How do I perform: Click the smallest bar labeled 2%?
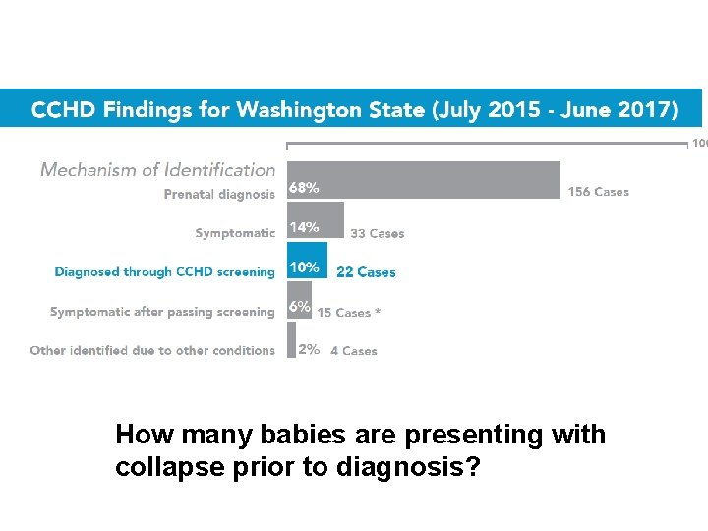point(291,340)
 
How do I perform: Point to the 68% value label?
point(303,188)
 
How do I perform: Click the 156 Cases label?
point(598,192)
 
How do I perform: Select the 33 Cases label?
point(377,234)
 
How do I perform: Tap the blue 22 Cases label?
point(366,272)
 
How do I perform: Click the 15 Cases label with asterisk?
point(348,313)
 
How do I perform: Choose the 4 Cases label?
point(353,351)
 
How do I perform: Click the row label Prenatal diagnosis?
point(219,195)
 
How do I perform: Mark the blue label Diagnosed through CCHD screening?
point(164,272)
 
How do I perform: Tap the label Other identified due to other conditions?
point(152,351)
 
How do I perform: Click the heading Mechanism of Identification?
point(157,170)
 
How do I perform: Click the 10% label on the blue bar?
point(303,267)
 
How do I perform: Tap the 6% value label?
point(299,307)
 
